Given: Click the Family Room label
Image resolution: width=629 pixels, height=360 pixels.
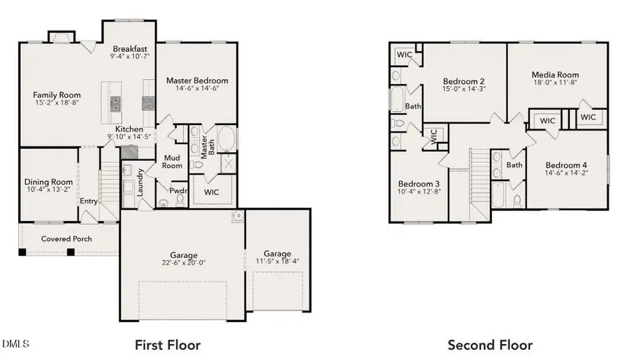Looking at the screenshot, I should click(57, 95).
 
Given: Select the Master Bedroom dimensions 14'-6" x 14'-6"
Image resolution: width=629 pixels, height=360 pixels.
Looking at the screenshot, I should click(196, 90).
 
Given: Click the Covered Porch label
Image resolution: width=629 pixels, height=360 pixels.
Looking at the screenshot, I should click(67, 238).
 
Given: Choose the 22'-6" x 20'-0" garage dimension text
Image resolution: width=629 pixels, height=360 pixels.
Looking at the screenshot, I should click(184, 264).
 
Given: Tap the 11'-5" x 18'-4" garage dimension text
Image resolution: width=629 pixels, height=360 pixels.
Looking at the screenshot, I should click(277, 262).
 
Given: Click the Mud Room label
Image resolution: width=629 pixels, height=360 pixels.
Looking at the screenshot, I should click(172, 161).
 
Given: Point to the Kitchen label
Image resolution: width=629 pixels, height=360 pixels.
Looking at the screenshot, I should click(129, 129).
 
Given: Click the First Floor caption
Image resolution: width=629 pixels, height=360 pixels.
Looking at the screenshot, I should click(167, 345).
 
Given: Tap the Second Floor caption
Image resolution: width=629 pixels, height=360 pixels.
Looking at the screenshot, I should click(490, 345).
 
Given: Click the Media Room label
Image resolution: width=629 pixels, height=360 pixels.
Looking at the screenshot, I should click(555, 75).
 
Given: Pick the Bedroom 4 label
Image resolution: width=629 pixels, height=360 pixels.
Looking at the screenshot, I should click(567, 165).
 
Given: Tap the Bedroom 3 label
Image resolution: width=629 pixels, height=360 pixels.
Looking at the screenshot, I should click(418, 183).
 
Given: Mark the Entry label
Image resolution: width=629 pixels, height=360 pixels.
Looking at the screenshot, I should click(89, 201).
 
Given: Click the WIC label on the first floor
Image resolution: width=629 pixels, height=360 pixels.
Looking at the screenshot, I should click(212, 191).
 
